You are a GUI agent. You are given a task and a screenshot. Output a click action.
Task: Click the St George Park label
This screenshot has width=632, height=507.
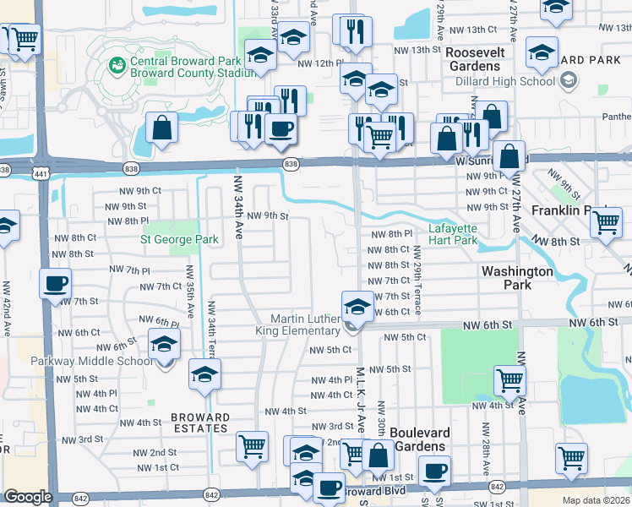179,239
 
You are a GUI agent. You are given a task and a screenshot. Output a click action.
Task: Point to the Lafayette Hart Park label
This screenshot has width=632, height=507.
453,234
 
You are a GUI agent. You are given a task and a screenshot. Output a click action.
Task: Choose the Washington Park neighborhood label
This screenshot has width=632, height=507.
517,278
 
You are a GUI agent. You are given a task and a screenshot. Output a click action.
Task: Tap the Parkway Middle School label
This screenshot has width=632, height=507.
80,362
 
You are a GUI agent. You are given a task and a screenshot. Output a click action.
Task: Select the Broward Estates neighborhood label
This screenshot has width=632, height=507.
200,422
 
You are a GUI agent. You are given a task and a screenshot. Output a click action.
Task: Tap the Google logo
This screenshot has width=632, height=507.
28,497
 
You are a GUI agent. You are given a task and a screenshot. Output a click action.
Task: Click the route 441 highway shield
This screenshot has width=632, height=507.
40,172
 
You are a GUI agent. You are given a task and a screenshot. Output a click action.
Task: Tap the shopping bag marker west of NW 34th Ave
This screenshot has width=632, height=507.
161,127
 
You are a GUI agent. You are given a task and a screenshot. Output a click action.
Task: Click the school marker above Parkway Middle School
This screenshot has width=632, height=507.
164,342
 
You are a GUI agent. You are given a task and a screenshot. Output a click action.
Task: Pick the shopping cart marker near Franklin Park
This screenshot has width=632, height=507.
606,221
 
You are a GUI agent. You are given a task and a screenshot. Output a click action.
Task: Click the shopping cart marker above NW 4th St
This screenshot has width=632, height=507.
509,379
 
